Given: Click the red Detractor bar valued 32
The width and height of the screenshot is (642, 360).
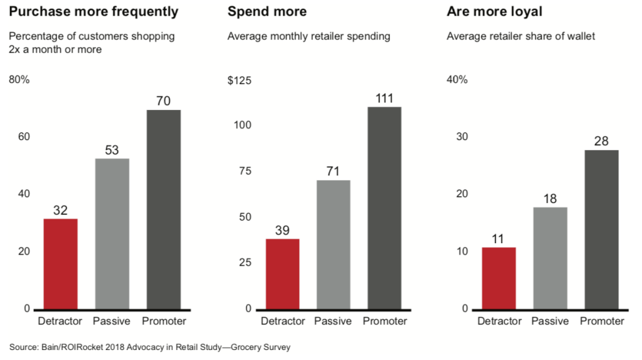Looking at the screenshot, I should pos(60,264).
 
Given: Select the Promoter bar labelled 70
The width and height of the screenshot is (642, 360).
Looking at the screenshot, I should pos(163,209).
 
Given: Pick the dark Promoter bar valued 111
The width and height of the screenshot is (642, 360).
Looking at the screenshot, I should pos(384,208).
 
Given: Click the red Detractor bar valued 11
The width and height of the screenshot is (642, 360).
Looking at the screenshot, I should pos(498,278).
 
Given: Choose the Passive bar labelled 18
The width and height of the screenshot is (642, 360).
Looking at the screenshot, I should pos(550,258).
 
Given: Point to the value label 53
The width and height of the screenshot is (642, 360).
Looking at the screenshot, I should pos(112,150).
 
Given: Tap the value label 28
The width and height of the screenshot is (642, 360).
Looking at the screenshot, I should pos(601,141).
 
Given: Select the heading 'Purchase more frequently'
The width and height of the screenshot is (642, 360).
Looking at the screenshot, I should pos(94,12).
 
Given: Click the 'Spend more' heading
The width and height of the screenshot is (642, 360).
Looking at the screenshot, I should pos(267,12).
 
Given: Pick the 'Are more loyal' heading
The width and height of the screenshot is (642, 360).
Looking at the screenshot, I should pos(487,12).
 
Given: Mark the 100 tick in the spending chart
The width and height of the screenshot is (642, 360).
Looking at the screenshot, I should pos(242,125).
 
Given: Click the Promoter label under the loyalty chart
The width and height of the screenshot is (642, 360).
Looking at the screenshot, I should pos(602,322).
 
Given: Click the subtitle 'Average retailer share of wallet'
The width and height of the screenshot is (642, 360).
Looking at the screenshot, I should pos(521,36).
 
